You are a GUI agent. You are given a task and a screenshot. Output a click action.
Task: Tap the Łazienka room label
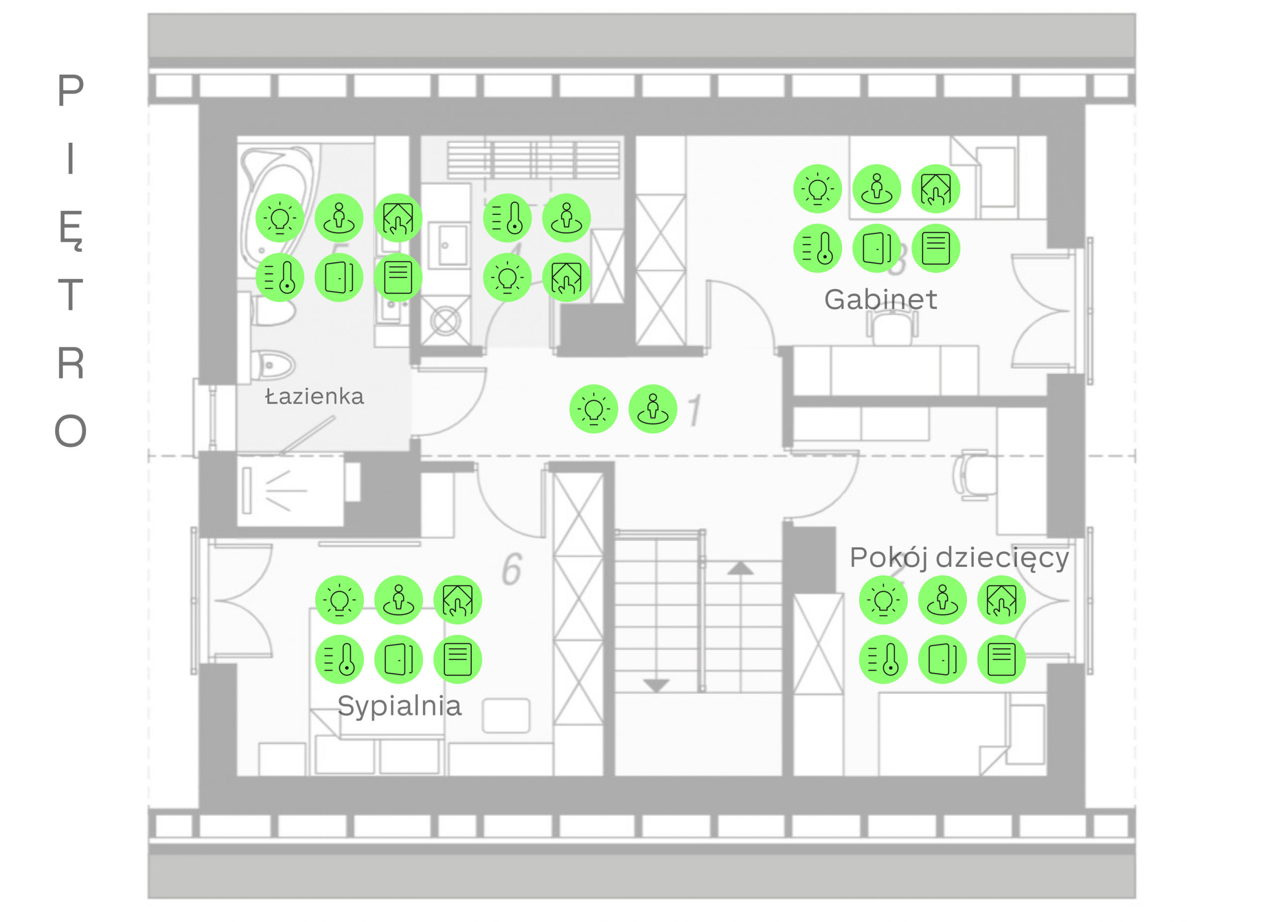coord(315,397)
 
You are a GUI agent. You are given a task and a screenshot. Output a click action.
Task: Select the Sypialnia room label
coord(400,707)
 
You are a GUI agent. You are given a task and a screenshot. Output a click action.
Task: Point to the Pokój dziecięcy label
coord(959,558)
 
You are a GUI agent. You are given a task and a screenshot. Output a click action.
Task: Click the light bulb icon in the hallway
coord(594,409)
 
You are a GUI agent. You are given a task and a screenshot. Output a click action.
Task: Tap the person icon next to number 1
coord(653,409)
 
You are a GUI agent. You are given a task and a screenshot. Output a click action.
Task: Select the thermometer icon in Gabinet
coord(817,248)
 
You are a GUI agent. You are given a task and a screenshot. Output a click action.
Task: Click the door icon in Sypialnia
coord(399,659)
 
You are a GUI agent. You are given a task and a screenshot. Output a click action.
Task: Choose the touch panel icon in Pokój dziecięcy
coord(1002,600)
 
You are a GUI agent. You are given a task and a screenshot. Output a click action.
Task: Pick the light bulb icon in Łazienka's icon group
coord(280,218)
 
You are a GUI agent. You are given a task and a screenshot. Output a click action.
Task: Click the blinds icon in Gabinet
coord(936,248)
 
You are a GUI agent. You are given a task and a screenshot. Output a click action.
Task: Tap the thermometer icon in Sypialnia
coord(339,659)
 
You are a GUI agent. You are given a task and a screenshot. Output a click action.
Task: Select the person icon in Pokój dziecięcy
coord(943,600)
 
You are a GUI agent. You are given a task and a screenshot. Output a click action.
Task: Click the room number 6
coord(512,569)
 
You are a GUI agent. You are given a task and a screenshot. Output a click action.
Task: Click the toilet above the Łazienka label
coord(274,365)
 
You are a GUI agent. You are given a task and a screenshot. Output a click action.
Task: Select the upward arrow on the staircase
coord(741,568)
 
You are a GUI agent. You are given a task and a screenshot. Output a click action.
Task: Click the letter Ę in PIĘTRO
coord(71,231)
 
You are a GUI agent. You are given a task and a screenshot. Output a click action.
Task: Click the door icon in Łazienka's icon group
coord(339,277)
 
